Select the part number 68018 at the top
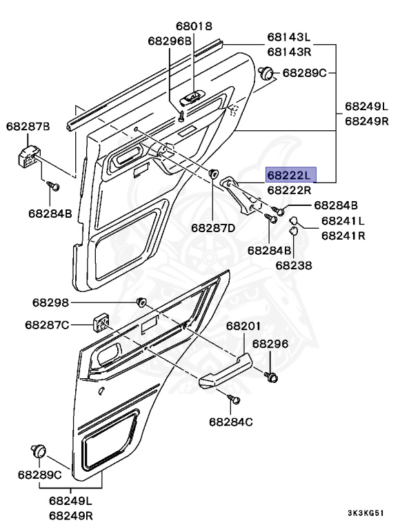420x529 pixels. pyautogui.click(x=194, y=26)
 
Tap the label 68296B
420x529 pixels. pyautogui.click(x=169, y=41)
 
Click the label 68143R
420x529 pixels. pyautogui.click(x=289, y=52)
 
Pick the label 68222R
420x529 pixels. pyautogui.click(x=290, y=190)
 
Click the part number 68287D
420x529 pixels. pyautogui.click(x=213, y=227)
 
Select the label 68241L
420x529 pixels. pyautogui.click(x=343, y=221)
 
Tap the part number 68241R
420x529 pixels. pyautogui.click(x=343, y=235)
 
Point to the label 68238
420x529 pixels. pyautogui.click(x=294, y=264)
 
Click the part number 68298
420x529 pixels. pyautogui.click(x=50, y=302)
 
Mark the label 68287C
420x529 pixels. pyautogui.click(x=47, y=324)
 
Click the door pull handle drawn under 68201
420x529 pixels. pyautogui.click(x=225, y=369)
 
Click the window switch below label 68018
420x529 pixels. pyautogui.click(x=191, y=100)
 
